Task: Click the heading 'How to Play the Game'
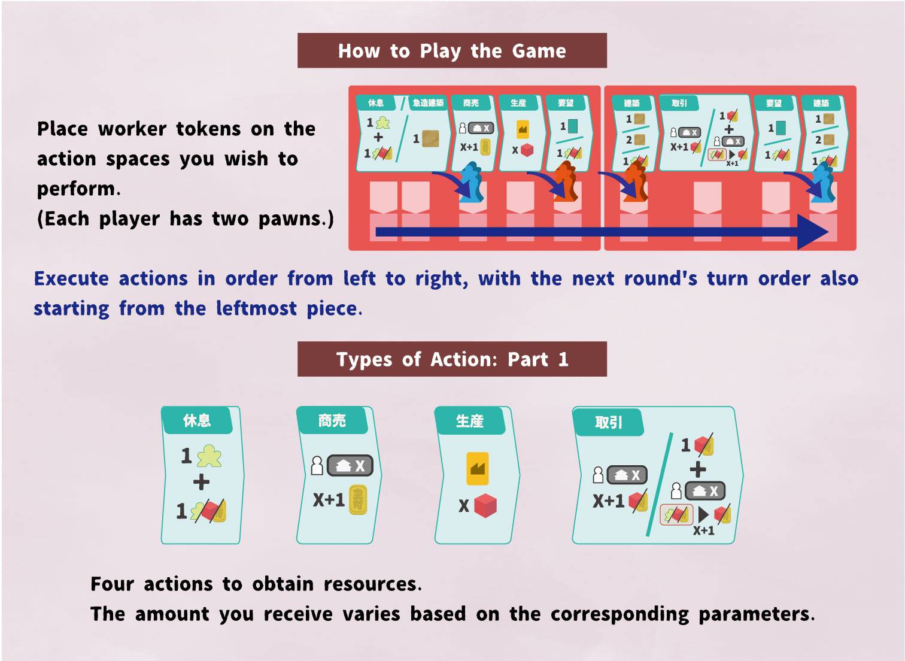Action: pos(452,51)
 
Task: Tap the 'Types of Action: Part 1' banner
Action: pos(452,359)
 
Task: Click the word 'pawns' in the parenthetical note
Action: pos(293,219)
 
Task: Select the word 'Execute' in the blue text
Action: pos(71,279)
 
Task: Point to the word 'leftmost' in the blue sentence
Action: pos(256,309)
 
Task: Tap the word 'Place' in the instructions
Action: pos(62,129)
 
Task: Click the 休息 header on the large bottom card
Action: pos(197,420)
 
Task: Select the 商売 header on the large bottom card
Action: pos(332,420)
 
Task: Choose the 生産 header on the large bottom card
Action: pos(469,421)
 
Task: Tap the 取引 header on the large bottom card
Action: pos(608,423)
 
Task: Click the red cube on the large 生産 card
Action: pos(485,506)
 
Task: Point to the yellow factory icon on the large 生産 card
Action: pos(477,468)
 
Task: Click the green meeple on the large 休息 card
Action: pos(209,456)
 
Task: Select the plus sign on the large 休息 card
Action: pos(201,482)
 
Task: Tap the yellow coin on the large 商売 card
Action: pos(358,499)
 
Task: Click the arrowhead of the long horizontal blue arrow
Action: pos(814,232)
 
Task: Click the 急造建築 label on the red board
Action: pos(428,103)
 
